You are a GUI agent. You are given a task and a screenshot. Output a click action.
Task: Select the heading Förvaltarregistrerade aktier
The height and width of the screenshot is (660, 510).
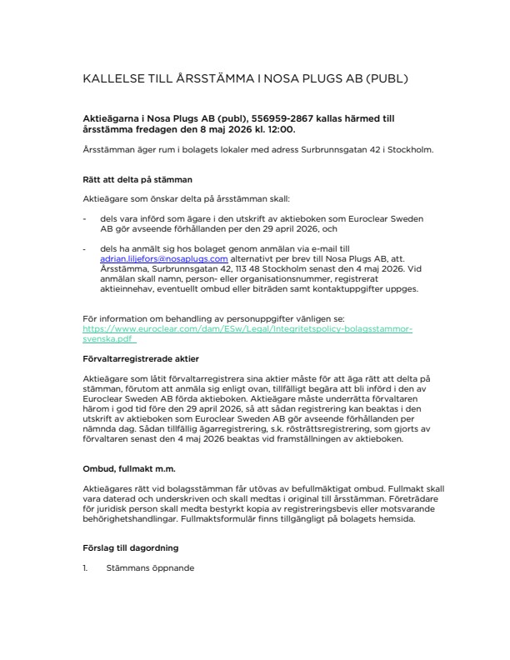[141, 360]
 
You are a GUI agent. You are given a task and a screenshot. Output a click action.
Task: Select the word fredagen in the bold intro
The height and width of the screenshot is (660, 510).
[148, 130]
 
